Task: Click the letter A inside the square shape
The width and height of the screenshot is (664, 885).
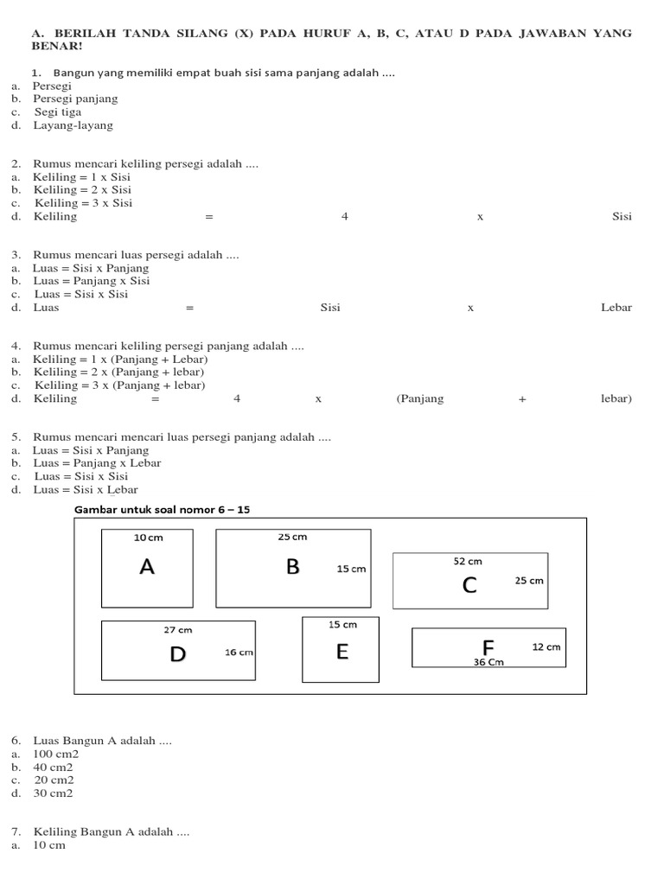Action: (147, 567)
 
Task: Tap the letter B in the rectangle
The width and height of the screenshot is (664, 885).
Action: (292, 567)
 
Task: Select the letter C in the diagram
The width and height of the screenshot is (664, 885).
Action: (469, 585)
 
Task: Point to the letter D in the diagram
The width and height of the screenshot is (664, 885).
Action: (177, 654)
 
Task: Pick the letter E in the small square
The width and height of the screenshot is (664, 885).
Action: (342, 652)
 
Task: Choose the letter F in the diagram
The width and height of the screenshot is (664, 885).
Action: (488, 647)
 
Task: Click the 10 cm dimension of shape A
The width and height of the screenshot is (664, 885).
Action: (148, 537)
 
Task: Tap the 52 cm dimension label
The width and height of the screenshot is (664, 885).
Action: (468, 561)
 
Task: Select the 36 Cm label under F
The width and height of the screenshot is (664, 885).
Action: (488, 662)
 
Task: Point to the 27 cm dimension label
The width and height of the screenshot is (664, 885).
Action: (178, 629)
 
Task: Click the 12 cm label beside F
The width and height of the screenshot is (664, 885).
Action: (546, 646)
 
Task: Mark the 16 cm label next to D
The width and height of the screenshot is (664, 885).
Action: (239, 653)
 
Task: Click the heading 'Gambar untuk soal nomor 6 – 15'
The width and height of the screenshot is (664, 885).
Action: (163, 510)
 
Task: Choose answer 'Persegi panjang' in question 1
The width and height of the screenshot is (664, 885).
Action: (75, 99)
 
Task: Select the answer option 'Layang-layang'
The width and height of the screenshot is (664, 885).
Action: (73, 125)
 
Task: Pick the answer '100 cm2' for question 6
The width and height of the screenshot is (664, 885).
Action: (55, 754)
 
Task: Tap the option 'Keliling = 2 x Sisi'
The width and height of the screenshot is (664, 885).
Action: (82, 190)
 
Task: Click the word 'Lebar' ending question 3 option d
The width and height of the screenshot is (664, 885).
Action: (616, 308)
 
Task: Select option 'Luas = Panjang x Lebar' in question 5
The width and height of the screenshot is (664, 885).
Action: (97, 463)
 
